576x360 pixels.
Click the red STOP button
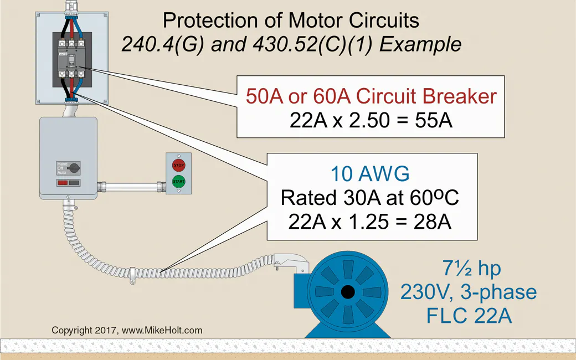[178, 165]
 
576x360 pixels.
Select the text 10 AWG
[370, 174]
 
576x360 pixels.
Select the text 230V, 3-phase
[469, 292]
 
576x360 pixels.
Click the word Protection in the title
[208, 21]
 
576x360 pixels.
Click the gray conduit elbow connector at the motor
[287, 261]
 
